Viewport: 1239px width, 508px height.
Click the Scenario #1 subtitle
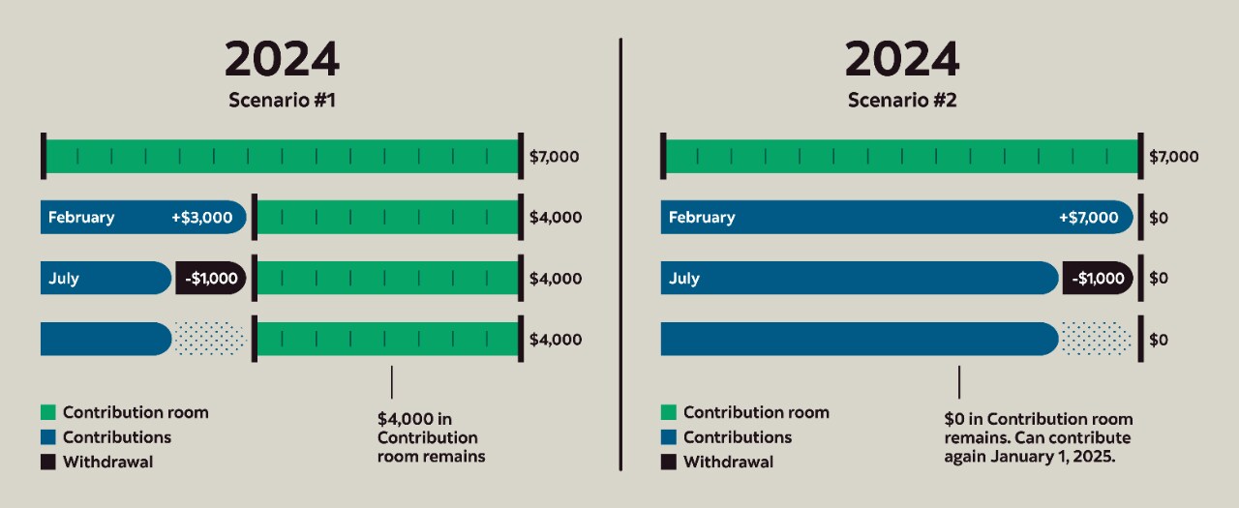pos(282,100)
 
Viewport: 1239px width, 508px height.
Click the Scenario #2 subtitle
pos(902,100)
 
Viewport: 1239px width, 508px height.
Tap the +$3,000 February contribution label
pos(201,218)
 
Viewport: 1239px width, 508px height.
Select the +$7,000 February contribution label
pos(1088,218)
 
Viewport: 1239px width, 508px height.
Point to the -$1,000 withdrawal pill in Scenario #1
pos(211,279)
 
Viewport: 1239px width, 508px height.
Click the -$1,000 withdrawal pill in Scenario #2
pos(1098,279)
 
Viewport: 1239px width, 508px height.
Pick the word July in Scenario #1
pos(64,279)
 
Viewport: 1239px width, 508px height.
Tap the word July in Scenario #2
pos(684,279)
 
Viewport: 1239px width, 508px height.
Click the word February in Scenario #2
pos(702,218)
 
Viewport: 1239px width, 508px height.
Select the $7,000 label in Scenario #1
pos(555,157)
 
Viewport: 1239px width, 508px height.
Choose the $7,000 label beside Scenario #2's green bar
pos(1173,157)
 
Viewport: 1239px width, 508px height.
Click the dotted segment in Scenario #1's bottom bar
pos(210,339)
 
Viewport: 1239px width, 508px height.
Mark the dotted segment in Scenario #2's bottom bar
pos(1096,339)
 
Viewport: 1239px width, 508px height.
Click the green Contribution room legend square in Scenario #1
pos(48,413)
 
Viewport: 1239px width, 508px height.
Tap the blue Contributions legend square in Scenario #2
pos(668,437)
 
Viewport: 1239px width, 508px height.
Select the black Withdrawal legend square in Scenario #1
pos(48,463)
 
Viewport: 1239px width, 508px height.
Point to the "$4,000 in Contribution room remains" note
pos(432,437)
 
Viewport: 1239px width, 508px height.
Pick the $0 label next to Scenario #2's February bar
pos(1159,218)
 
